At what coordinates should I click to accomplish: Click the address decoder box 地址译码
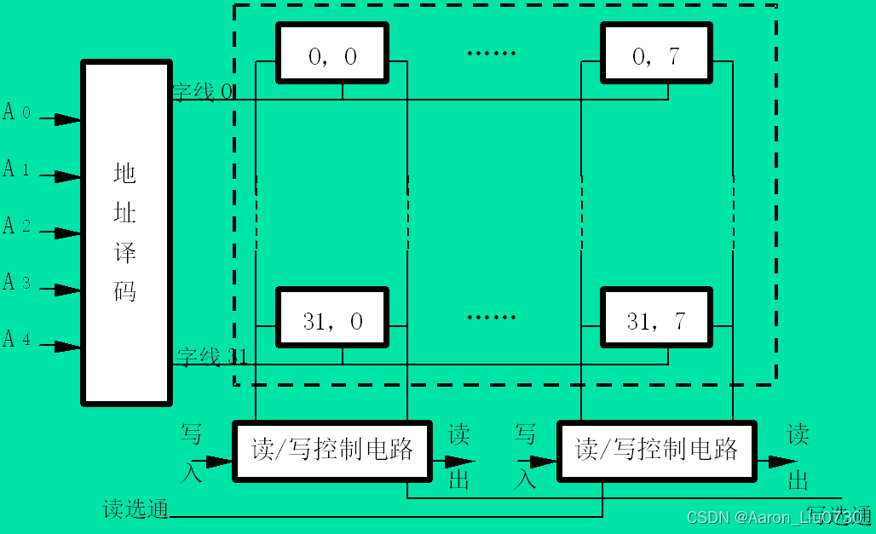tap(126, 232)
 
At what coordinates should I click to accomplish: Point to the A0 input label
tap(17, 112)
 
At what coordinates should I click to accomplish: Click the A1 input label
tap(17, 169)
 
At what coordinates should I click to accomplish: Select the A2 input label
tap(17, 226)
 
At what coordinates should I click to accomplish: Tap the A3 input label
tap(17, 282)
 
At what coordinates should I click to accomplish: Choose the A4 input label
tap(17, 339)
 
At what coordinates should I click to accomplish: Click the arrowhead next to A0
tap(67, 120)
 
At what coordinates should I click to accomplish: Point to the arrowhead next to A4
tap(67, 347)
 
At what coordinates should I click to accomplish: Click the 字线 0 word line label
tap(203, 92)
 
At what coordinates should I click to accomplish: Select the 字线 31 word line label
tap(211, 356)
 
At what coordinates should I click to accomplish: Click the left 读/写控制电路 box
tap(332, 449)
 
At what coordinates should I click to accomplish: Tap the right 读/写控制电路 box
tap(656, 449)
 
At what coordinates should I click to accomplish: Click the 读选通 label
tap(135, 509)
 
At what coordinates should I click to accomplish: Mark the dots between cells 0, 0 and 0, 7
tap(492, 53)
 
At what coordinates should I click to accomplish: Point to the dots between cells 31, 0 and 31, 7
tap(492, 318)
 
